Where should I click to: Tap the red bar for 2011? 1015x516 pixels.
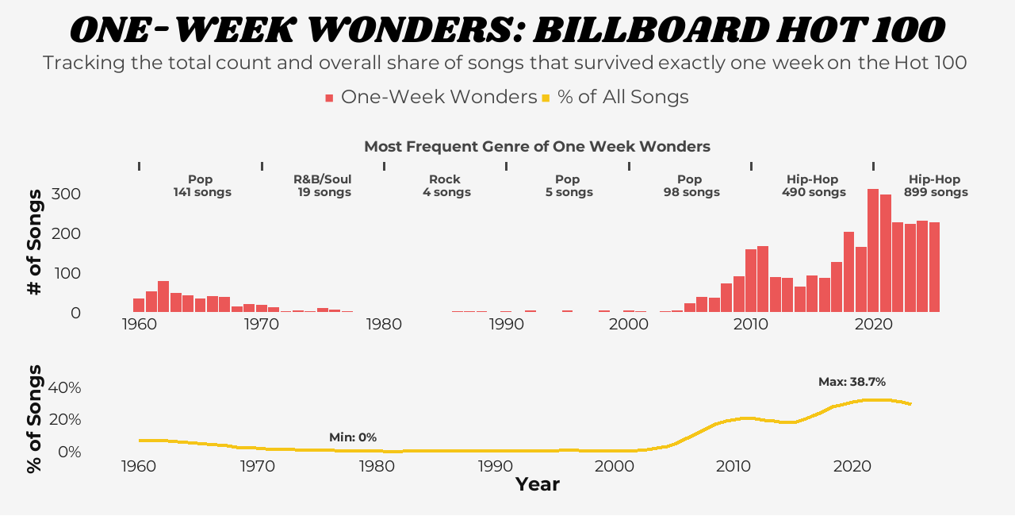[763, 279]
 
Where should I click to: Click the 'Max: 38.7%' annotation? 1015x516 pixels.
[852, 382]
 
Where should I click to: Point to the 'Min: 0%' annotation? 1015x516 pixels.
[353, 437]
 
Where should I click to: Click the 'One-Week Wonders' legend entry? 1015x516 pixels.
[431, 97]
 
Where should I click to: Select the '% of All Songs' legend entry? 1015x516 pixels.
[615, 97]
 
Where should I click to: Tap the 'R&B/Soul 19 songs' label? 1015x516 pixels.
[323, 186]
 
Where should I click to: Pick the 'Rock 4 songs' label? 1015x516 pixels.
[445, 186]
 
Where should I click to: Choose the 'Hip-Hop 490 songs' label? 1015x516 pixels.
[813, 186]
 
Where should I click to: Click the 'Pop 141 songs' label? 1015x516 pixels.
[201, 186]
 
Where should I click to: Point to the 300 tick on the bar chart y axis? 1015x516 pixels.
[66, 194]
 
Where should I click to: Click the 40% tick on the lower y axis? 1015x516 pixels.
[65, 387]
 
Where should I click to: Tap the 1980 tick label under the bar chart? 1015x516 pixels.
[384, 324]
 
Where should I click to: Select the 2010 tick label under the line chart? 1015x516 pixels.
[733, 465]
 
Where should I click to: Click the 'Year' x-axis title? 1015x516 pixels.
[538, 484]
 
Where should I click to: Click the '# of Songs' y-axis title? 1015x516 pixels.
[34, 243]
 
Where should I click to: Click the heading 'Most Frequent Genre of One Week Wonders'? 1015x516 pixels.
[537, 146]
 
